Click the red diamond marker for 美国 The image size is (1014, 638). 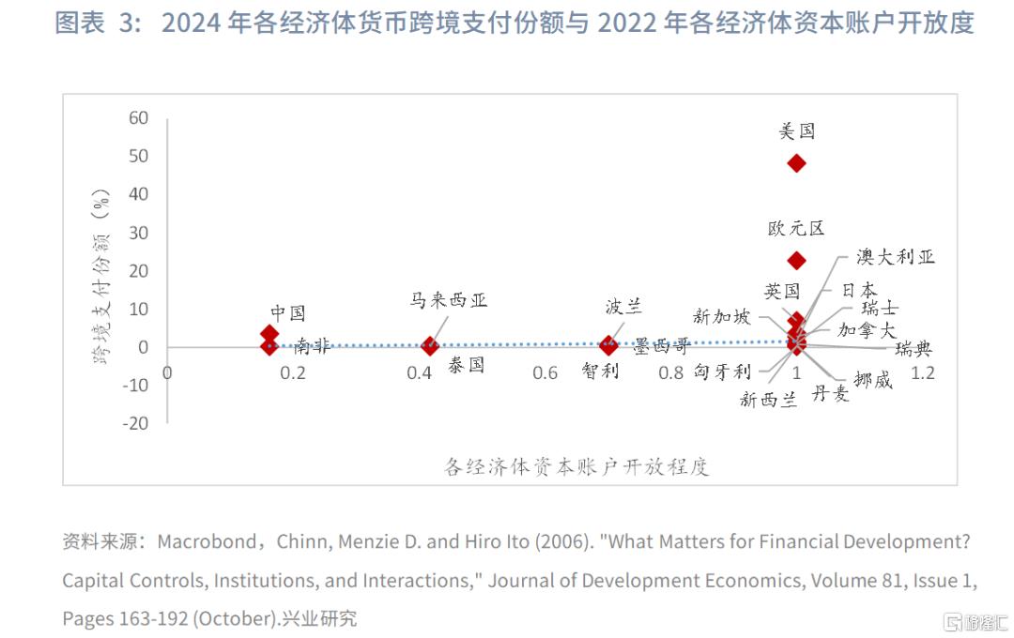796,163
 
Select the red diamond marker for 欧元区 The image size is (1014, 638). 796,260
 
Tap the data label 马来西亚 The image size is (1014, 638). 449,301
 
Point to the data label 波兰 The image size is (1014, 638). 623,307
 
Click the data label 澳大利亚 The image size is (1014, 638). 895,257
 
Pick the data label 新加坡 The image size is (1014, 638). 722,316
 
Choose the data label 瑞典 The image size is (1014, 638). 914,349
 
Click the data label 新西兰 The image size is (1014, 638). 768,400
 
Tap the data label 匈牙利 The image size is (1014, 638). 722,372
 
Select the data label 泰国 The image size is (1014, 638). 467,366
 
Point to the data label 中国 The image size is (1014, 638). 288,313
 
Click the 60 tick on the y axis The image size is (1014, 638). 139,118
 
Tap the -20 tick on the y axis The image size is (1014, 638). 135,423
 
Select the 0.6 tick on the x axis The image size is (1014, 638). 545,373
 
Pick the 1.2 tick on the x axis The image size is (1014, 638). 924,373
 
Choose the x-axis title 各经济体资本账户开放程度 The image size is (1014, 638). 576,467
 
